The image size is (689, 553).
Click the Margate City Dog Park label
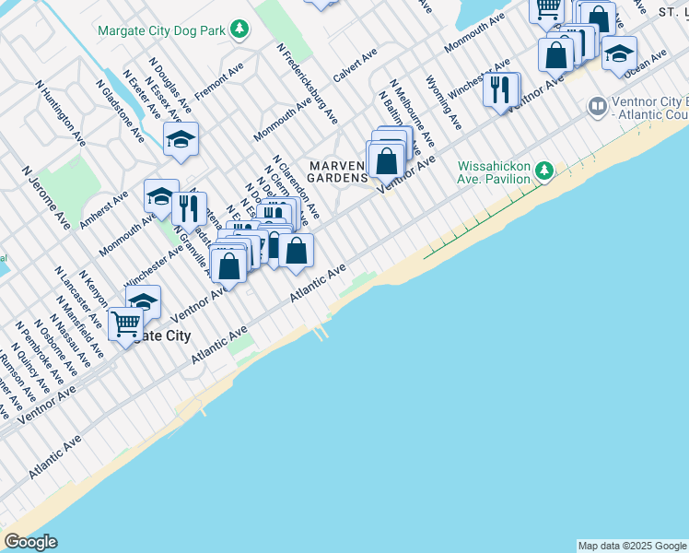[161, 29]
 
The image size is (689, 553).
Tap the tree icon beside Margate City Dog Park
[239, 29]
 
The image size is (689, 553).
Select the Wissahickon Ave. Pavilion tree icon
[544, 171]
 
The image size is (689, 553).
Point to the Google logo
[30, 542]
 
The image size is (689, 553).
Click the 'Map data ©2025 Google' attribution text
[632, 546]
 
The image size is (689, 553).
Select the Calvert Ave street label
[355, 65]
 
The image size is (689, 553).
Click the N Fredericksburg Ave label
[306, 84]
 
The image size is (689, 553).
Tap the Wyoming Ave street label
[444, 103]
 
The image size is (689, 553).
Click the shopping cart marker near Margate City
[125, 324]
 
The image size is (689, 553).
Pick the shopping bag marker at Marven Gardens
[388, 160]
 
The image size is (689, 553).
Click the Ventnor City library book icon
[598, 108]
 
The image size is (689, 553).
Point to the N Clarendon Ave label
[295, 184]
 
